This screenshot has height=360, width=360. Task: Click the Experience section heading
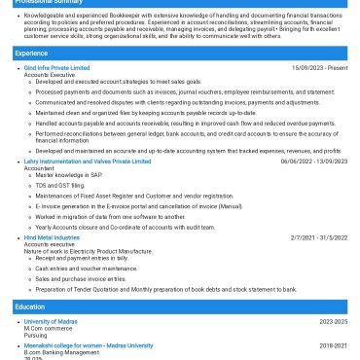[31, 53]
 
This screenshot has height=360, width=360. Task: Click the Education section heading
[30, 306]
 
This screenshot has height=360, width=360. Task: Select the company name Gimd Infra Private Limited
[56, 68]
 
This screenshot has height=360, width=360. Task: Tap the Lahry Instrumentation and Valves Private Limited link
[88, 162]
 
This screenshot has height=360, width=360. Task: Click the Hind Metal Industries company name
[52, 237]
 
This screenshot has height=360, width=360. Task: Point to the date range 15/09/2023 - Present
[319, 68]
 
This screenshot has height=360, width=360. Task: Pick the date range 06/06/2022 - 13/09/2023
[313, 162]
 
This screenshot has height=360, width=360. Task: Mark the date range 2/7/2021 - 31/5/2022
[318, 237]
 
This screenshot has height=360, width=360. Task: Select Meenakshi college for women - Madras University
[89, 345]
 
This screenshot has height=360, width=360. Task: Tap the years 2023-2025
[333, 321]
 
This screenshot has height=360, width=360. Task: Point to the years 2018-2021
[333, 345]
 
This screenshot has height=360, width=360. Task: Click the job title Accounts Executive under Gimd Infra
[50, 75]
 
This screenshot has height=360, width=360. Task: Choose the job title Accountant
[40, 168]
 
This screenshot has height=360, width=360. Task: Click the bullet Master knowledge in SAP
[70, 175]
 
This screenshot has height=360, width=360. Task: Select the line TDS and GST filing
[61, 185]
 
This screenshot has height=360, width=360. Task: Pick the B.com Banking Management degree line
[62, 352]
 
